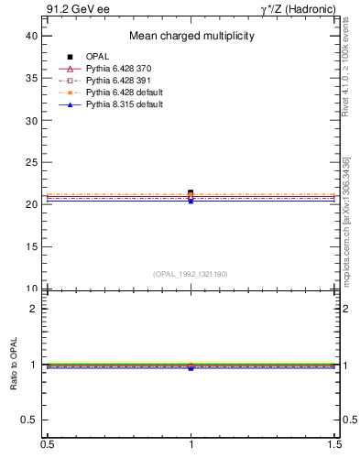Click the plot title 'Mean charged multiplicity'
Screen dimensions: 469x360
click(191, 37)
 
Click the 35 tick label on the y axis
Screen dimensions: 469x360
click(32, 78)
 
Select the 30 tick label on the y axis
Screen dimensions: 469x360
click(32, 120)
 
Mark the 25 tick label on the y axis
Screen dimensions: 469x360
click(32, 162)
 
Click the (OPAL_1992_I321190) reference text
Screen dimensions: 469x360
click(191, 274)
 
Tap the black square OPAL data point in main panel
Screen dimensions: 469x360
click(191, 192)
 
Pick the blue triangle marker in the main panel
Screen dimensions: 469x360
click(191, 201)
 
